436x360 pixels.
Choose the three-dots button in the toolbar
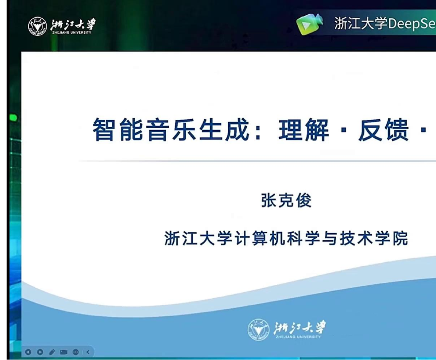coord(76,352)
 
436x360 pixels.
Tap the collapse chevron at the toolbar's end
coord(88,352)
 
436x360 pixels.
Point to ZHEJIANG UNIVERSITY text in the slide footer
coord(298,336)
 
